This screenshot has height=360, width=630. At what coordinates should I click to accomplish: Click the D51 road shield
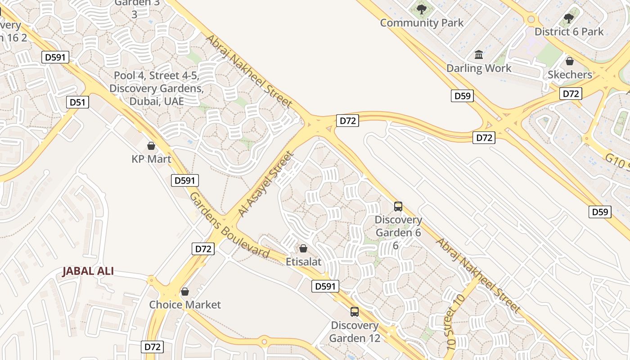(77, 102)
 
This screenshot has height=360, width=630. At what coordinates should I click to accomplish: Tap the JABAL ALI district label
(88, 271)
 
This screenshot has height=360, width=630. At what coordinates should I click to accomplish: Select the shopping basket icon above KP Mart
(151, 146)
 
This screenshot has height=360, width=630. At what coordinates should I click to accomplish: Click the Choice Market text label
(185, 305)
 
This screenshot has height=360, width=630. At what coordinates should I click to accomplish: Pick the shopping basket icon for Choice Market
(184, 292)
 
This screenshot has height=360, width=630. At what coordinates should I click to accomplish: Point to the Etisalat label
(304, 261)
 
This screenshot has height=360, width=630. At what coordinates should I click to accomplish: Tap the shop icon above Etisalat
(303, 248)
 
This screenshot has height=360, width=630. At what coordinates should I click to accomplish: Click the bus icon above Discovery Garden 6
(398, 207)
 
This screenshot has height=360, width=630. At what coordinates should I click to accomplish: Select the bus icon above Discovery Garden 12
(355, 311)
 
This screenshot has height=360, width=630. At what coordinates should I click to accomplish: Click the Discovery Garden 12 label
(355, 331)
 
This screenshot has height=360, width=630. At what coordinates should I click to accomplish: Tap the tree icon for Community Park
(422, 9)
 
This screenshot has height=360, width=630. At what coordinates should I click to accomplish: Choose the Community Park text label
(422, 22)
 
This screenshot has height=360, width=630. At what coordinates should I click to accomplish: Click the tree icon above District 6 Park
(569, 18)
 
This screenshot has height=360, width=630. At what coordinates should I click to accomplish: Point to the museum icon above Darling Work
(479, 55)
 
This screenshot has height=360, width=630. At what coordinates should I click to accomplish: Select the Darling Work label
(479, 68)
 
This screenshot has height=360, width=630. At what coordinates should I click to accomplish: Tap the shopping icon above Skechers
(570, 61)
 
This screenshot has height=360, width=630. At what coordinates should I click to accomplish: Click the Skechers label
(570, 75)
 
